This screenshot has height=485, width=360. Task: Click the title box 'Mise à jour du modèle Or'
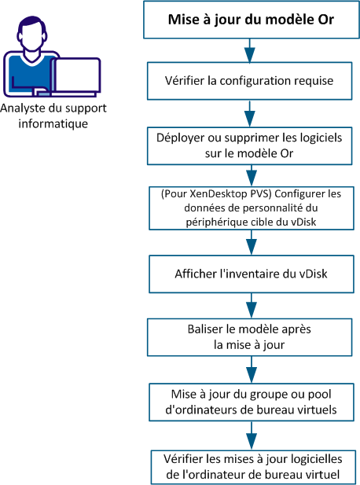251,21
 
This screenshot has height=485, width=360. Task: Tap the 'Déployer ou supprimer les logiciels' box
251,145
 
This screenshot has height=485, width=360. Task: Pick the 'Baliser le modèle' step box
251,336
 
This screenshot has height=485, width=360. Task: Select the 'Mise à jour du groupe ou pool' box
251,400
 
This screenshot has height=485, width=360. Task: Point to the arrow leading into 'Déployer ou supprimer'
251,114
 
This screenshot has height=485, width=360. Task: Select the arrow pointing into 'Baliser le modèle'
251,305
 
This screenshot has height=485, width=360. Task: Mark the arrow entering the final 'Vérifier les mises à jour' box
251,434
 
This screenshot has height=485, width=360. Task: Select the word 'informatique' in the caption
54,123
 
